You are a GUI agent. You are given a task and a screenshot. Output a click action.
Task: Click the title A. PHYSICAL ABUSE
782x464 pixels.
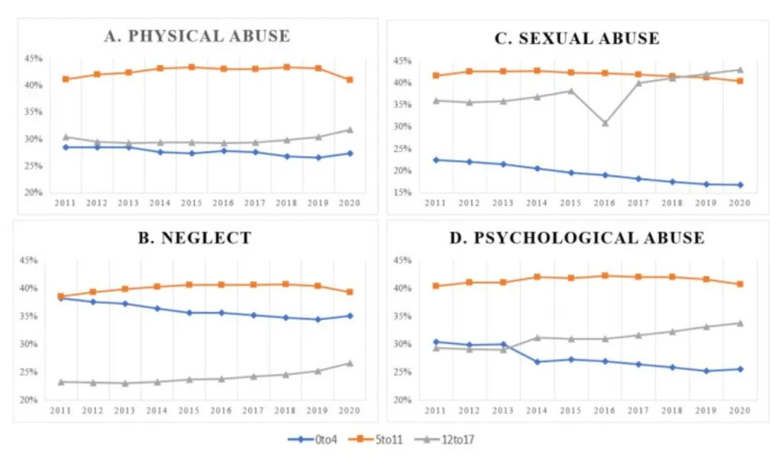pos(197,36)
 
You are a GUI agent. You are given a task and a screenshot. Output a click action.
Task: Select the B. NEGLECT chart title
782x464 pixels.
pos(195,238)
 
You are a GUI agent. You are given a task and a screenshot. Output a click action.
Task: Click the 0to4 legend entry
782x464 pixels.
pos(312,440)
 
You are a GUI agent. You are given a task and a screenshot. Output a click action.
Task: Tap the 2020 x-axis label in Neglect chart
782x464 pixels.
pos(348,410)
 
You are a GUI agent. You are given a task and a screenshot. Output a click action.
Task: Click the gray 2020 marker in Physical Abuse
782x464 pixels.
pos(349,130)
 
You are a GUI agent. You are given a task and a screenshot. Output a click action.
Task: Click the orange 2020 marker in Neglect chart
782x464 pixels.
pos(349,292)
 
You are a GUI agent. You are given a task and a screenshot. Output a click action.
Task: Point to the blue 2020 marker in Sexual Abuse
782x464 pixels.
pos(739,185)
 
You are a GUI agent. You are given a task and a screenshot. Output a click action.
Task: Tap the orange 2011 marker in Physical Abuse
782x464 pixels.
pos(66,79)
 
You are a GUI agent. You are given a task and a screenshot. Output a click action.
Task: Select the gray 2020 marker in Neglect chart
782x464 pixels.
pos(349,363)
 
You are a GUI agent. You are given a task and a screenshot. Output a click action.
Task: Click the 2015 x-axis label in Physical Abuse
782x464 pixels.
pos(192,203)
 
